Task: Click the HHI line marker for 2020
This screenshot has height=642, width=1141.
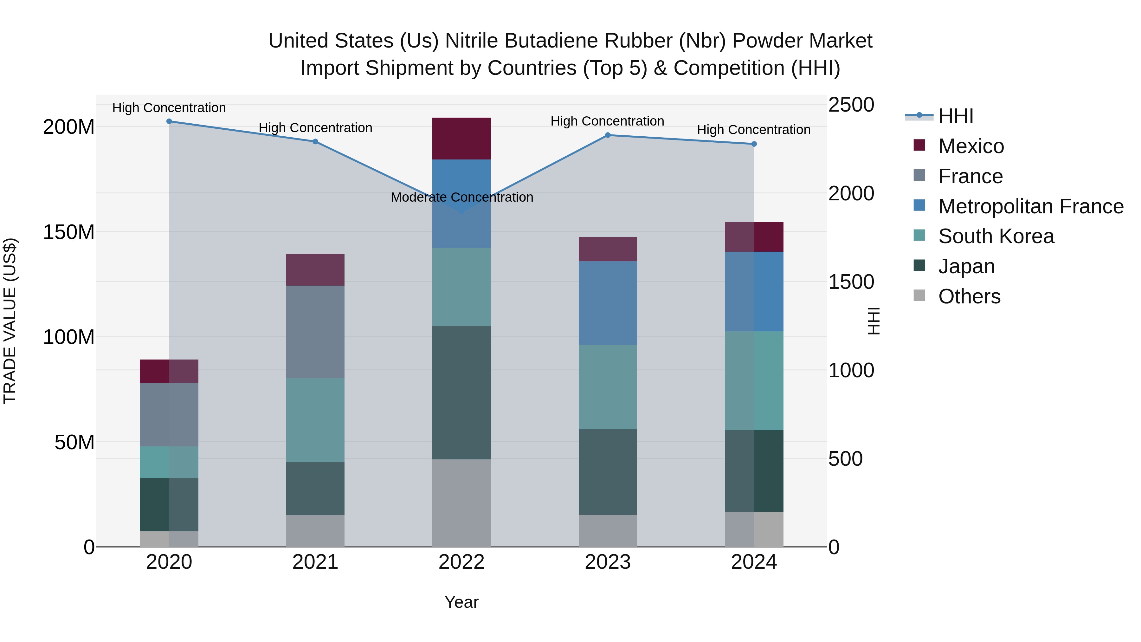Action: point(169,121)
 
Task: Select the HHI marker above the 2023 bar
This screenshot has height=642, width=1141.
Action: point(608,135)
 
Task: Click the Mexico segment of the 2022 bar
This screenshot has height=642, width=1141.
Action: point(461,139)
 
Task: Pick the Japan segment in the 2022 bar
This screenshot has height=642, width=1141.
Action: point(461,392)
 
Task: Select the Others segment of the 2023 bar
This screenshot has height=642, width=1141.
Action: point(608,530)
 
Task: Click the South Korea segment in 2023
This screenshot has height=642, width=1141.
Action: point(608,387)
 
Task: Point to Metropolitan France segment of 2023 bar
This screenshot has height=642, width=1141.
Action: point(608,303)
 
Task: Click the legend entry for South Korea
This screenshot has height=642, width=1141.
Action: point(996,236)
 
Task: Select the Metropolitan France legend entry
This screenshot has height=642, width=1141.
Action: point(1030,206)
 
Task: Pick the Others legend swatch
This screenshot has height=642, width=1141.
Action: point(919,295)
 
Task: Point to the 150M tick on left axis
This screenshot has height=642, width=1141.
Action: point(69,232)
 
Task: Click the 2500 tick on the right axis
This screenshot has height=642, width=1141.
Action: point(851,105)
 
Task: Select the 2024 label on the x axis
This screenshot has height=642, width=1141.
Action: point(754,562)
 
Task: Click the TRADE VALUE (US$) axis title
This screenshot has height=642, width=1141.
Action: point(10,321)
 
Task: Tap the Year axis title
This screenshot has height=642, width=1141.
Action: point(461,602)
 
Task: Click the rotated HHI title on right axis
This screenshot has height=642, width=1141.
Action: point(873,321)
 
